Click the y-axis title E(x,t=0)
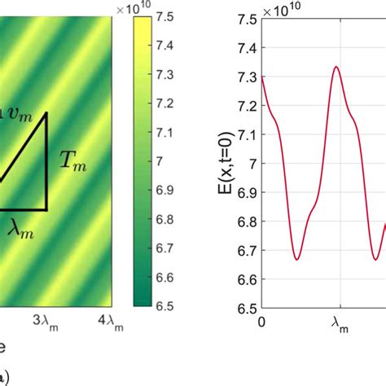(x=214, y=164)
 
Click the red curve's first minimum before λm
(x=298, y=259)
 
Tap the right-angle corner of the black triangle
(x=46, y=209)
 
